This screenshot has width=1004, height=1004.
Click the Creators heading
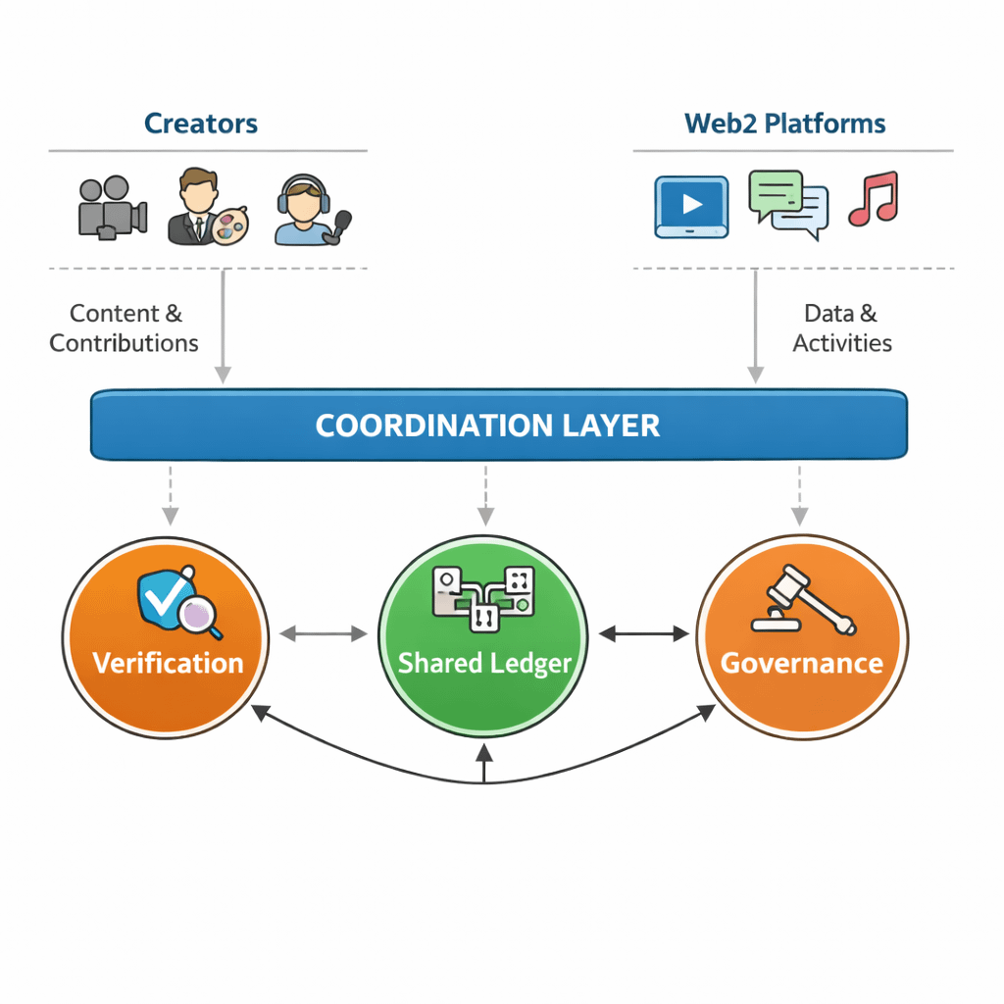(201, 124)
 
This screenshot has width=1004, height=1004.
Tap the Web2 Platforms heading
(784, 124)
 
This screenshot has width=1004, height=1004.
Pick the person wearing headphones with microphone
(311, 210)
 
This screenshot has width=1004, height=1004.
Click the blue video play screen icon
(691, 206)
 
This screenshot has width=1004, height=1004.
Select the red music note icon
(874, 199)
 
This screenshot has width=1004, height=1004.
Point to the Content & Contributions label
(125, 328)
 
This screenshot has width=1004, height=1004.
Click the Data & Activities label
(842, 328)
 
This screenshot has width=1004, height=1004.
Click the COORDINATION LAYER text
(487, 426)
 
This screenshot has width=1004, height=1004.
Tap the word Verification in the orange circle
(168, 663)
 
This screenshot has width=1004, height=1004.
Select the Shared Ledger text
(484, 663)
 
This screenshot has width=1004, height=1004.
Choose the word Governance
(801, 663)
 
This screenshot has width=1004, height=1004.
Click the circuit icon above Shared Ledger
(483, 596)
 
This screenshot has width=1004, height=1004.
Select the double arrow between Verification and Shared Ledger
(323, 634)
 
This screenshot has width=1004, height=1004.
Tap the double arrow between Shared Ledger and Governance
(643, 634)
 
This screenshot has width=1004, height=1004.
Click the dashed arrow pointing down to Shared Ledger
(485, 496)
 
